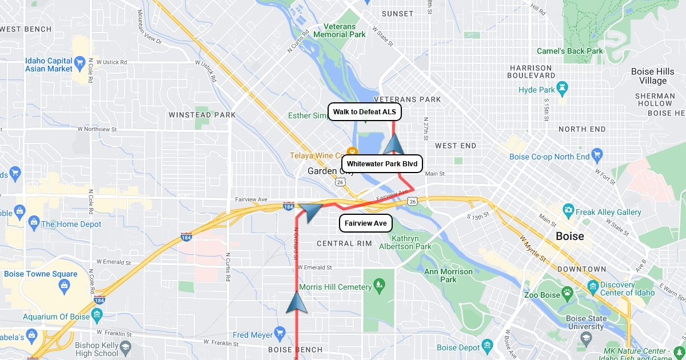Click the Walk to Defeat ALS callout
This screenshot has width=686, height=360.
coord(365,112)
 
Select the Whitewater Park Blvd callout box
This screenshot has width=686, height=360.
coord(382,164)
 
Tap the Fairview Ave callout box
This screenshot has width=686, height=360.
coord(366,223)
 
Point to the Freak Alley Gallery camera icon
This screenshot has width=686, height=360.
coord(568,210)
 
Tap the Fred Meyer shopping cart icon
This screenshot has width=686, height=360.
coord(279,332)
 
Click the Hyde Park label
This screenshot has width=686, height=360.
coord(537,90)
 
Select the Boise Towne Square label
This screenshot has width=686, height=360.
coord(41,274)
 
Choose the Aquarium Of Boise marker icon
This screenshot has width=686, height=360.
coord(96,315)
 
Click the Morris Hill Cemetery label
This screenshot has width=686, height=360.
coord(335,287)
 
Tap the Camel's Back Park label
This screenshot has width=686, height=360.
coord(569,51)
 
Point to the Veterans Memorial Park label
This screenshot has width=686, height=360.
coord(344,30)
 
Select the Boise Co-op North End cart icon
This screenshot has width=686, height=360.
coord(597,154)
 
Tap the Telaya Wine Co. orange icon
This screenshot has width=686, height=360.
coord(352,152)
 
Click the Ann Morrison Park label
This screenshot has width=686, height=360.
coord(448,275)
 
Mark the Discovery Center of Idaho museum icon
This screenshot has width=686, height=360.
coord(593,286)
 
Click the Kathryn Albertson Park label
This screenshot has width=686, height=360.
coord(410,242)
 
